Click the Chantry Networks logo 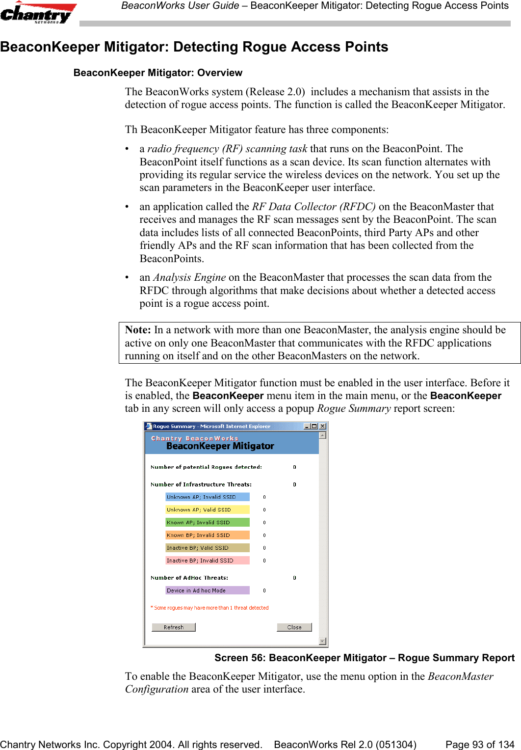point(38,13)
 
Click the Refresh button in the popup point(174,627)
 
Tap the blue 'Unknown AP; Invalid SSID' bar point(207,497)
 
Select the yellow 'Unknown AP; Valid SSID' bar point(207,509)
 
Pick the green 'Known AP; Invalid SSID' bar point(207,522)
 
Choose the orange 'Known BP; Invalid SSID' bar point(207,535)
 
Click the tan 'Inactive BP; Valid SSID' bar point(207,548)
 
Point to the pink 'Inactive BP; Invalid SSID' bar point(207,561)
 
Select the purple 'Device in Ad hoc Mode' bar point(207,590)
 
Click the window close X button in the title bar point(323,426)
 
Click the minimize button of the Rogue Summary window point(307,426)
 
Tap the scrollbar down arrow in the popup point(322,641)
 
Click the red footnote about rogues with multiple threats point(209,608)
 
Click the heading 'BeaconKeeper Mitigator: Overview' point(157,73)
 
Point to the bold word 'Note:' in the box point(138,330)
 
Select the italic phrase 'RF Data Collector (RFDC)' point(313,207)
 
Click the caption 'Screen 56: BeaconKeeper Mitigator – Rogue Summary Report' point(364,658)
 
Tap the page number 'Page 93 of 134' point(479,745)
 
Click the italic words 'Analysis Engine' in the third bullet point(189,277)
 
